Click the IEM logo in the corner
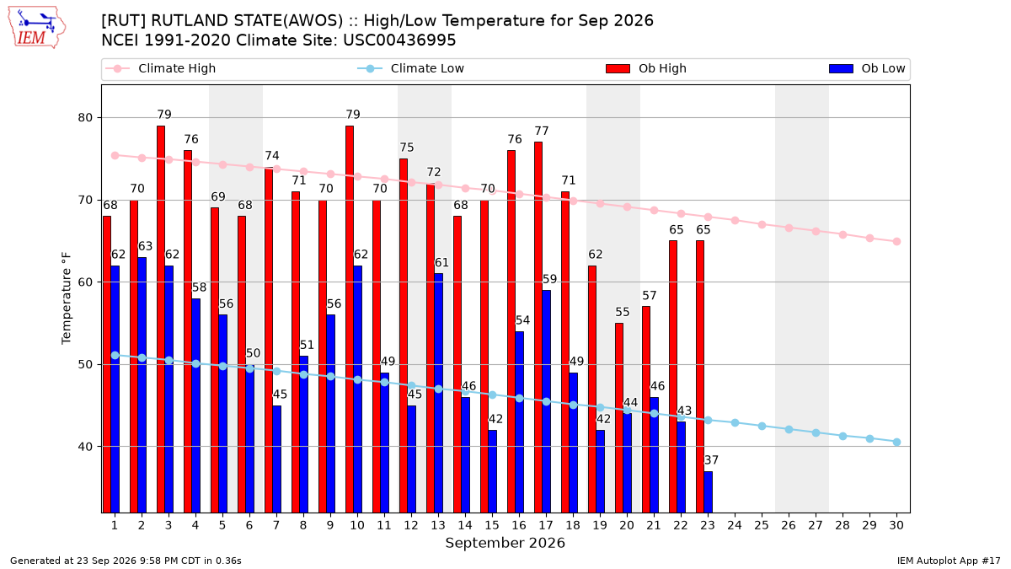pyautogui.click(x=37, y=27)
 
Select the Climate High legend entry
pyautogui.click(x=161, y=68)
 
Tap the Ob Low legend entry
pyautogui.click(x=867, y=68)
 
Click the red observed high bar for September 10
pyautogui.click(x=350, y=319)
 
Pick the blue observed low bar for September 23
pyautogui.click(x=709, y=491)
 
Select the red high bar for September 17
pyautogui.click(x=538, y=327)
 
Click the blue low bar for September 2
pyautogui.click(x=142, y=384)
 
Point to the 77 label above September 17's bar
pyautogui.click(x=542, y=131)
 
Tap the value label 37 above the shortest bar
pyautogui.click(x=711, y=460)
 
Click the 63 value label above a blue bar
pyautogui.click(x=145, y=246)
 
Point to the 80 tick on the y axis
pyautogui.click(x=85, y=117)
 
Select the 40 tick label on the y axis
pyautogui.click(x=85, y=447)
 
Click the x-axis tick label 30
pyautogui.click(x=896, y=525)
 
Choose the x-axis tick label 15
pyautogui.click(x=492, y=525)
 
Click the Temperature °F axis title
pyautogui.click(x=67, y=298)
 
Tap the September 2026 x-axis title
pyautogui.click(x=505, y=543)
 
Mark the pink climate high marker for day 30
pyautogui.click(x=896, y=242)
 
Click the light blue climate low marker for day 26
pyautogui.click(x=789, y=429)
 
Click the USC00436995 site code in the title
pyautogui.click(x=399, y=40)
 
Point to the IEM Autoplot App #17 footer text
pyautogui.click(x=949, y=561)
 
